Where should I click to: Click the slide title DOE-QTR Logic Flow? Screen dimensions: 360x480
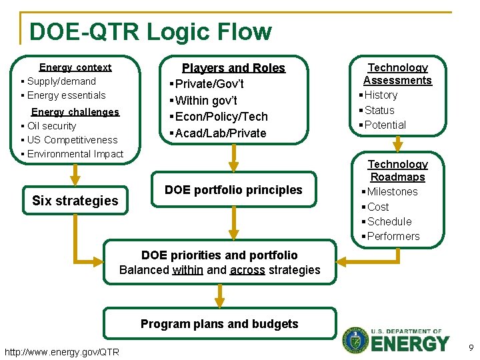(x=150, y=32)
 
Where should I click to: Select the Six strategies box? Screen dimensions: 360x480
(x=75, y=201)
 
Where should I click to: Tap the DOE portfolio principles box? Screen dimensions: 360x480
(x=233, y=190)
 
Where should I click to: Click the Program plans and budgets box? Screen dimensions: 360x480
(x=219, y=324)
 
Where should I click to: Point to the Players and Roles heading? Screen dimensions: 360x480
(x=233, y=68)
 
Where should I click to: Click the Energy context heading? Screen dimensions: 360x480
(x=75, y=67)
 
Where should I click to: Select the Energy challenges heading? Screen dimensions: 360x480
(x=75, y=112)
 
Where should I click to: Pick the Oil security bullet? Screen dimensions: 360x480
(x=51, y=126)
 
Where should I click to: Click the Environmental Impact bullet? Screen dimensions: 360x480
(x=75, y=154)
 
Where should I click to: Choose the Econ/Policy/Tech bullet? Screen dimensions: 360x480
(x=221, y=117)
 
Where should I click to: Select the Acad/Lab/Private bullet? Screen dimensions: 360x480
(x=220, y=133)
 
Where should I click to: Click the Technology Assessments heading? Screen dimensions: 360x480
(x=397, y=74)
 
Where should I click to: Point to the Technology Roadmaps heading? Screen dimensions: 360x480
(x=397, y=171)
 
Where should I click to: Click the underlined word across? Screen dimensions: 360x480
(x=247, y=270)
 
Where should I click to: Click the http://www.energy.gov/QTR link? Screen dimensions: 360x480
(x=62, y=352)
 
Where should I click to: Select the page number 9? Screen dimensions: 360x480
(x=470, y=347)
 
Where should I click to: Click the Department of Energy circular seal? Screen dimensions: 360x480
(x=355, y=340)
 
